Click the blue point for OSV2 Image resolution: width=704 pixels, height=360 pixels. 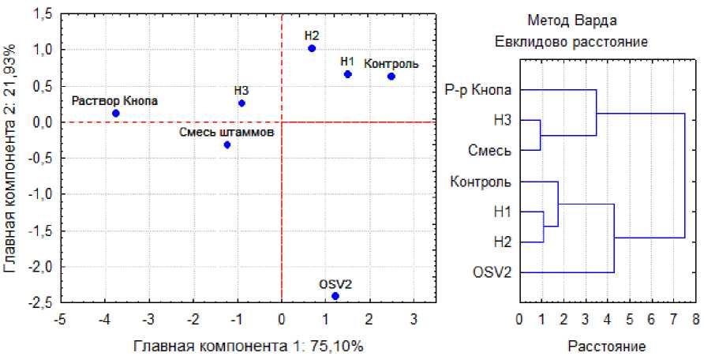(x=335, y=296)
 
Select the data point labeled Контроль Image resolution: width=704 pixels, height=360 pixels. (x=391, y=77)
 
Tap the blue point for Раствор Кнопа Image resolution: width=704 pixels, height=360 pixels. (x=116, y=113)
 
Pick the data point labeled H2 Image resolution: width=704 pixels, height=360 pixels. (x=312, y=48)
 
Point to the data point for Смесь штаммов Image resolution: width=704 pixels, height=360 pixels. (x=227, y=144)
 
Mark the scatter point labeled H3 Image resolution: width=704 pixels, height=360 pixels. (x=242, y=103)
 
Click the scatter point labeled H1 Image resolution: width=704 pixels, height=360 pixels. (x=347, y=74)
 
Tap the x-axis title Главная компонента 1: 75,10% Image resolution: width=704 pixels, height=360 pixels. (x=249, y=346)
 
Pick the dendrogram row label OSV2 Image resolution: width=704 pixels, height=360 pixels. (x=492, y=272)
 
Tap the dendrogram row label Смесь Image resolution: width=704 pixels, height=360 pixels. (x=490, y=151)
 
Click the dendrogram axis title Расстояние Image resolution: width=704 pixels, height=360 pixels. (x=606, y=346)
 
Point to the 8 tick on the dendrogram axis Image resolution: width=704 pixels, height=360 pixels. (x=695, y=319)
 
